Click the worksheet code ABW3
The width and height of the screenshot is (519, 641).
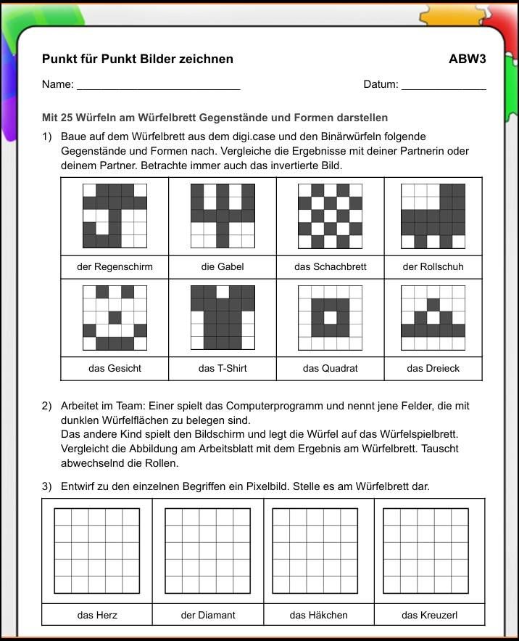(x=467, y=59)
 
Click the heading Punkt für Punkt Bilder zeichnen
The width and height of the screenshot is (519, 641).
(x=138, y=59)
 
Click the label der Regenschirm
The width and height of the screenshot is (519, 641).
(x=115, y=266)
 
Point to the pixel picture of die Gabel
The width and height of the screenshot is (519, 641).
(x=223, y=216)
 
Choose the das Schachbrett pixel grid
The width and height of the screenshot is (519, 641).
(x=330, y=216)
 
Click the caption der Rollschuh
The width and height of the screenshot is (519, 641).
(x=433, y=266)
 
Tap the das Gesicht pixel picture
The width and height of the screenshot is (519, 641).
(x=115, y=317)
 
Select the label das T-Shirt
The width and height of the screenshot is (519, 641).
(x=223, y=368)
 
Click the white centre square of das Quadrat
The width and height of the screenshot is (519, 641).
(x=330, y=317)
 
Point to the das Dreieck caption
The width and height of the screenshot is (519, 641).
(x=433, y=368)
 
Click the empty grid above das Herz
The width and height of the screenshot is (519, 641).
(x=97, y=550)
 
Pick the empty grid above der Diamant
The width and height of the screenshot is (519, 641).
(x=208, y=550)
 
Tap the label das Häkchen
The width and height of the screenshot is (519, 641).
(x=318, y=615)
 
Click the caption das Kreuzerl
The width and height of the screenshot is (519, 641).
(x=429, y=615)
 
